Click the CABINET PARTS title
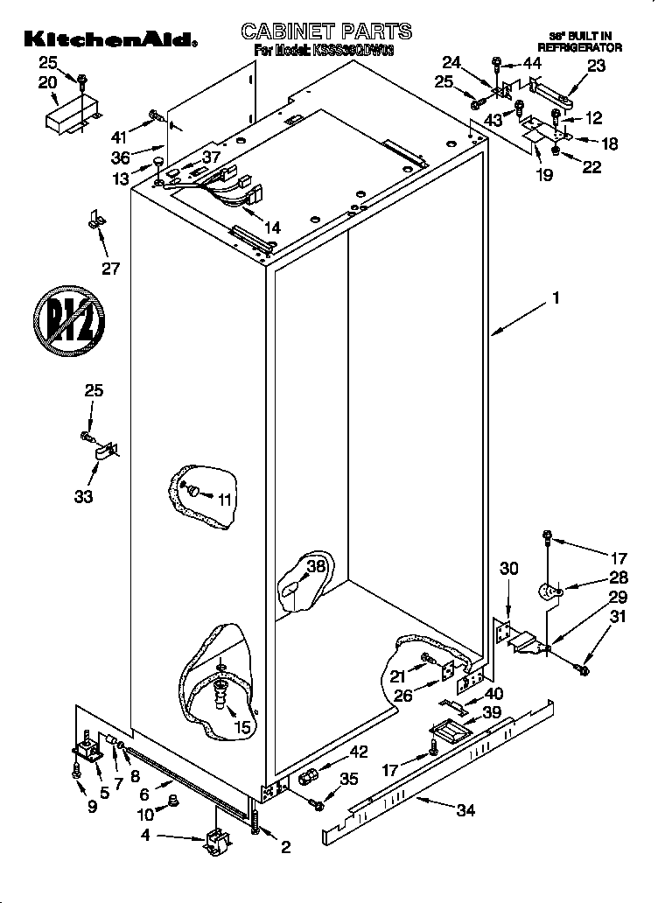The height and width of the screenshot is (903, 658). (x=325, y=32)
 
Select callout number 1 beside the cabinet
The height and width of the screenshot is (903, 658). (x=554, y=298)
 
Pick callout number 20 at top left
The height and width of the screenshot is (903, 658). (x=47, y=81)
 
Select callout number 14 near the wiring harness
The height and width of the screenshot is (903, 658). (x=272, y=226)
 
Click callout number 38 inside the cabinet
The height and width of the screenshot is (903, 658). (x=316, y=566)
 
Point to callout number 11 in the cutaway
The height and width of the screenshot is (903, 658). (x=225, y=500)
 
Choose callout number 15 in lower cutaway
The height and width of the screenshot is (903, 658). (x=241, y=725)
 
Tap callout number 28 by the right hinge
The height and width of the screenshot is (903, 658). (x=594, y=577)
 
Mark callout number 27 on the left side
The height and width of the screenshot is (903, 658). (x=110, y=268)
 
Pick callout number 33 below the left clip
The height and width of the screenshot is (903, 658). (x=83, y=497)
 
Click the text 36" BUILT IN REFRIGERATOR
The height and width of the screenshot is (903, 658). (x=579, y=41)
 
